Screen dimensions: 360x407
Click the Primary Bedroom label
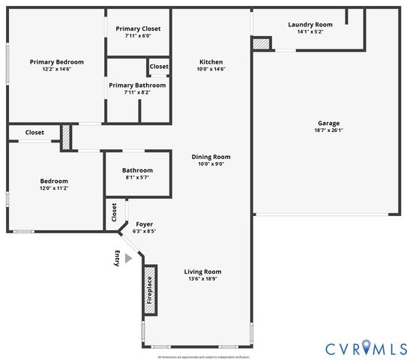[56, 61]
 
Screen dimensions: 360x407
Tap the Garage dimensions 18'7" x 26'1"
[328, 130]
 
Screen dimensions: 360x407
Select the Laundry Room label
[310, 24]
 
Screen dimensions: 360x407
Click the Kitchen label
[211, 61]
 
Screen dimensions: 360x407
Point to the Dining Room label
[211, 157]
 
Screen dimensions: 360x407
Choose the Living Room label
[203, 271]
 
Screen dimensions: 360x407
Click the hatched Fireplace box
[149, 289]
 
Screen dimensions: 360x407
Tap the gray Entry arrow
[128, 258]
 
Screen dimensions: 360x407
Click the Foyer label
[144, 224]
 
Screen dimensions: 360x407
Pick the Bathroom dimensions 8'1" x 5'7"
[137, 178]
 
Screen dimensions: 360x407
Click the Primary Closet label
[138, 28]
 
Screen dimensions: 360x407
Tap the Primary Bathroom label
[137, 85]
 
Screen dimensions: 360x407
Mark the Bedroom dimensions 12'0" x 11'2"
[54, 188]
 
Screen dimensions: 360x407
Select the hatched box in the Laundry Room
[260, 44]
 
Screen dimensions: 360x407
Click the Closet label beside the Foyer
[114, 214]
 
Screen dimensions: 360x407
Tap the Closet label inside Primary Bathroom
[159, 67]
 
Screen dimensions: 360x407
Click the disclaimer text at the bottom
[203, 357]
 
